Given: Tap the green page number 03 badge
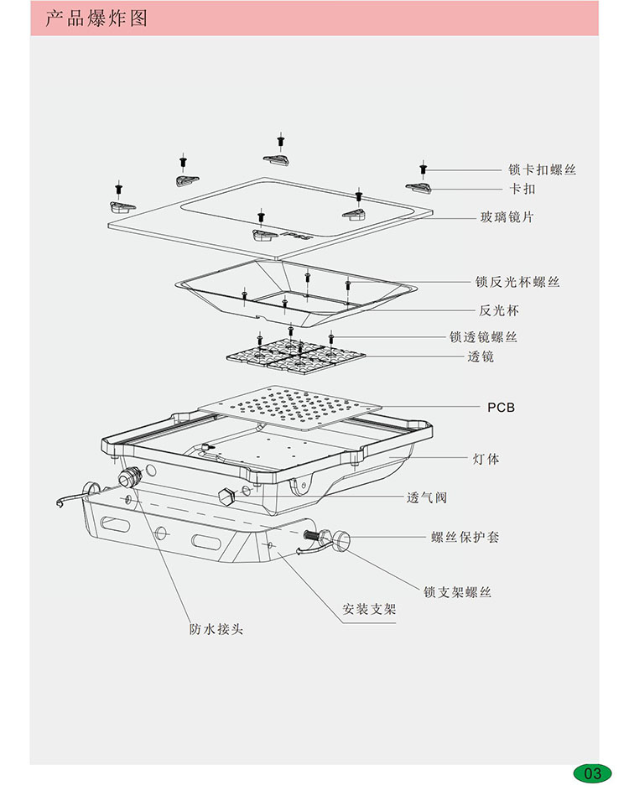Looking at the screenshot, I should (x=593, y=773).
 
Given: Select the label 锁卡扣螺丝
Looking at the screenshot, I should (x=542, y=170).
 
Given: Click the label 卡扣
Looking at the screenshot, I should (x=522, y=190).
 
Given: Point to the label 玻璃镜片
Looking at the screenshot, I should (x=507, y=218).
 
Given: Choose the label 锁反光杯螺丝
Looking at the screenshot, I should (x=517, y=282).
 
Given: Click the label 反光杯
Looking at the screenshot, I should (x=499, y=310).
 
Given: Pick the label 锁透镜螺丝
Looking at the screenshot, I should (x=483, y=338).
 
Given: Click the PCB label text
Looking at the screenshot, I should (x=501, y=408).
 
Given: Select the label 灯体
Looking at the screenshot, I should (x=486, y=460).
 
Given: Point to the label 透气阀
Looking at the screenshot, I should (x=427, y=497).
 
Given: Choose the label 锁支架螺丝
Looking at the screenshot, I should (x=457, y=592).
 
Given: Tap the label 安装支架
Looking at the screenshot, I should (x=369, y=610).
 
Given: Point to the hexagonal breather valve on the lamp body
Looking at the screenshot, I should (x=224, y=495).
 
